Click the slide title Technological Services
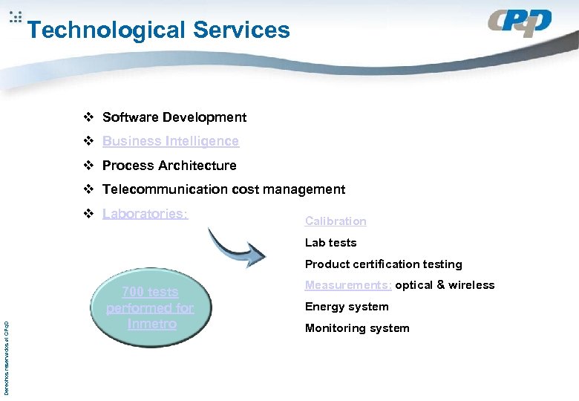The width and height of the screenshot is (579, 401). point(158,30)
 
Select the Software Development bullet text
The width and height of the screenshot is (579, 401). point(174,117)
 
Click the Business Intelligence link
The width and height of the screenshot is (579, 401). point(171,141)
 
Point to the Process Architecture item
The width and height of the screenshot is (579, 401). point(169,166)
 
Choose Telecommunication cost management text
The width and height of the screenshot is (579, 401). point(223,189)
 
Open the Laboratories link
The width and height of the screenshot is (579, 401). point(145,214)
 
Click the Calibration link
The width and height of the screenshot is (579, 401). point(336,221)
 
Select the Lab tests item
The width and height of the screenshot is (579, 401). point(330,243)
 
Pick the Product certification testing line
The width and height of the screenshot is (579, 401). point(383,264)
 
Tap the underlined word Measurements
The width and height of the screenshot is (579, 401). point(348,286)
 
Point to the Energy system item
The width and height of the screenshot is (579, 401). point(347,307)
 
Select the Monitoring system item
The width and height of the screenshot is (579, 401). point(357,328)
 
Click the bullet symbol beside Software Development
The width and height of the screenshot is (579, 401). point(88,117)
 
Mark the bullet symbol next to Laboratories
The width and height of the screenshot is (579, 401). point(88,214)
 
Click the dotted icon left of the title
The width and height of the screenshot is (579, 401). point(16,17)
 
